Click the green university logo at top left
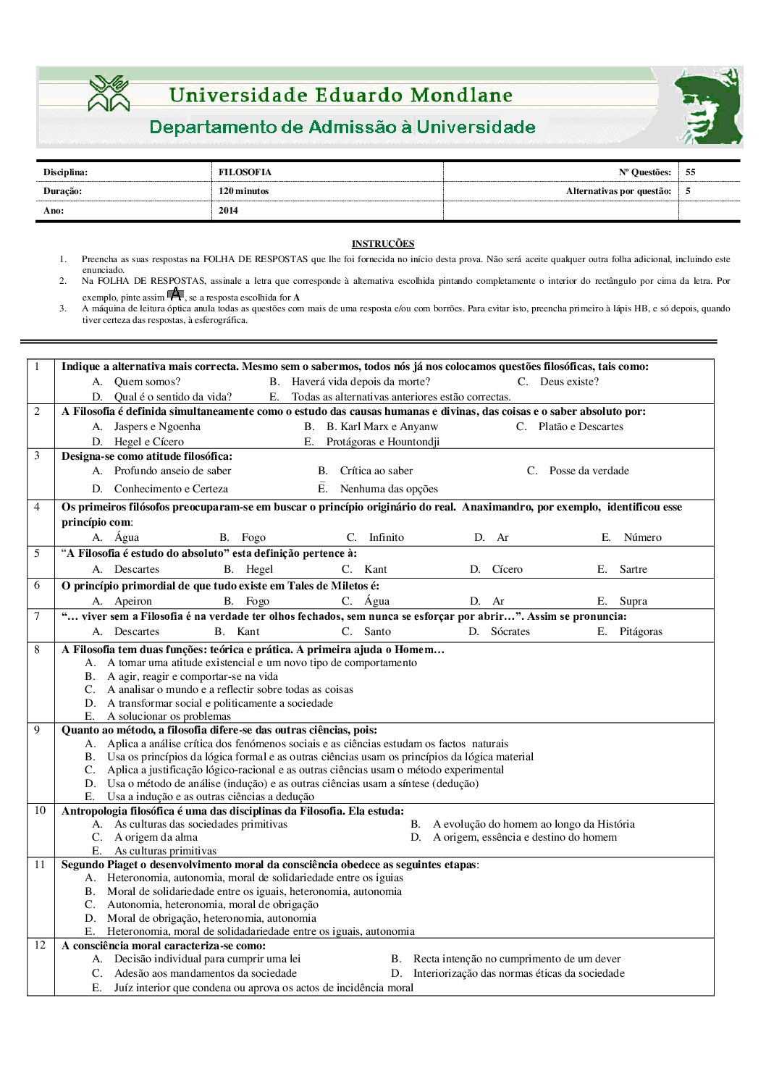[x=109, y=94]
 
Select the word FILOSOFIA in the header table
[x=245, y=172]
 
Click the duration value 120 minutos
[x=243, y=191]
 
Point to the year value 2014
[x=228, y=211]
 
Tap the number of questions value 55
[x=691, y=172]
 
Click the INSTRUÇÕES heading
[x=382, y=244]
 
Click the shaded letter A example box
[x=175, y=294]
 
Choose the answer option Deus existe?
[x=569, y=382]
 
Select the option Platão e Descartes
[x=580, y=427]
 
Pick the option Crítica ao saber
[x=376, y=471]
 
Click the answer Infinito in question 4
[x=386, y=537]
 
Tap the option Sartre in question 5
[x=633, y=569]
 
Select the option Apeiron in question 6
[x=132, y=601]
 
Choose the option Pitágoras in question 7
[x=640, y=631]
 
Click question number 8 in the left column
[x=37, y=650]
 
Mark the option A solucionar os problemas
[x=169, y=716]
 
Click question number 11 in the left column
[x=39, y=865]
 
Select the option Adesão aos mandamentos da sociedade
[x=205, y=973]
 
